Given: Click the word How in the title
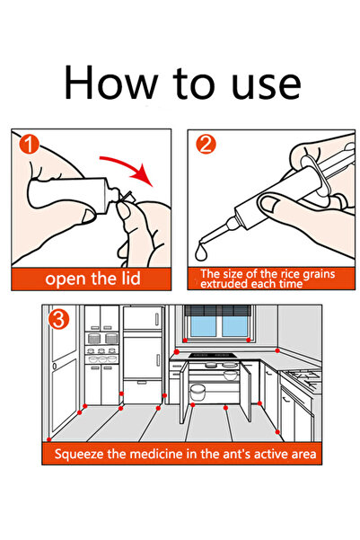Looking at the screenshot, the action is point(110,83).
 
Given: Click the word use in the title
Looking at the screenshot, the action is point(266,85).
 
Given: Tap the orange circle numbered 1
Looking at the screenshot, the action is point(30,144).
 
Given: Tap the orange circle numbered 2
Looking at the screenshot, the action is point(206,144).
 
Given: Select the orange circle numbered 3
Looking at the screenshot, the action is point(58,319).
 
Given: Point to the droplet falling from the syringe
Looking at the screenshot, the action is point(201,252).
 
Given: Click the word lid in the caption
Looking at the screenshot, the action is point(131,278).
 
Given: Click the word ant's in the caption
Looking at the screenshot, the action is point(236,454).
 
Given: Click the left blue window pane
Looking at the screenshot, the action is point(203,326).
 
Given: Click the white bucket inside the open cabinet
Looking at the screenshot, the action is point(198,393).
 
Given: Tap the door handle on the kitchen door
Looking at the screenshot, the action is point(55,366).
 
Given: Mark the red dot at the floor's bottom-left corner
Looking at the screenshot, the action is point(48,439).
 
